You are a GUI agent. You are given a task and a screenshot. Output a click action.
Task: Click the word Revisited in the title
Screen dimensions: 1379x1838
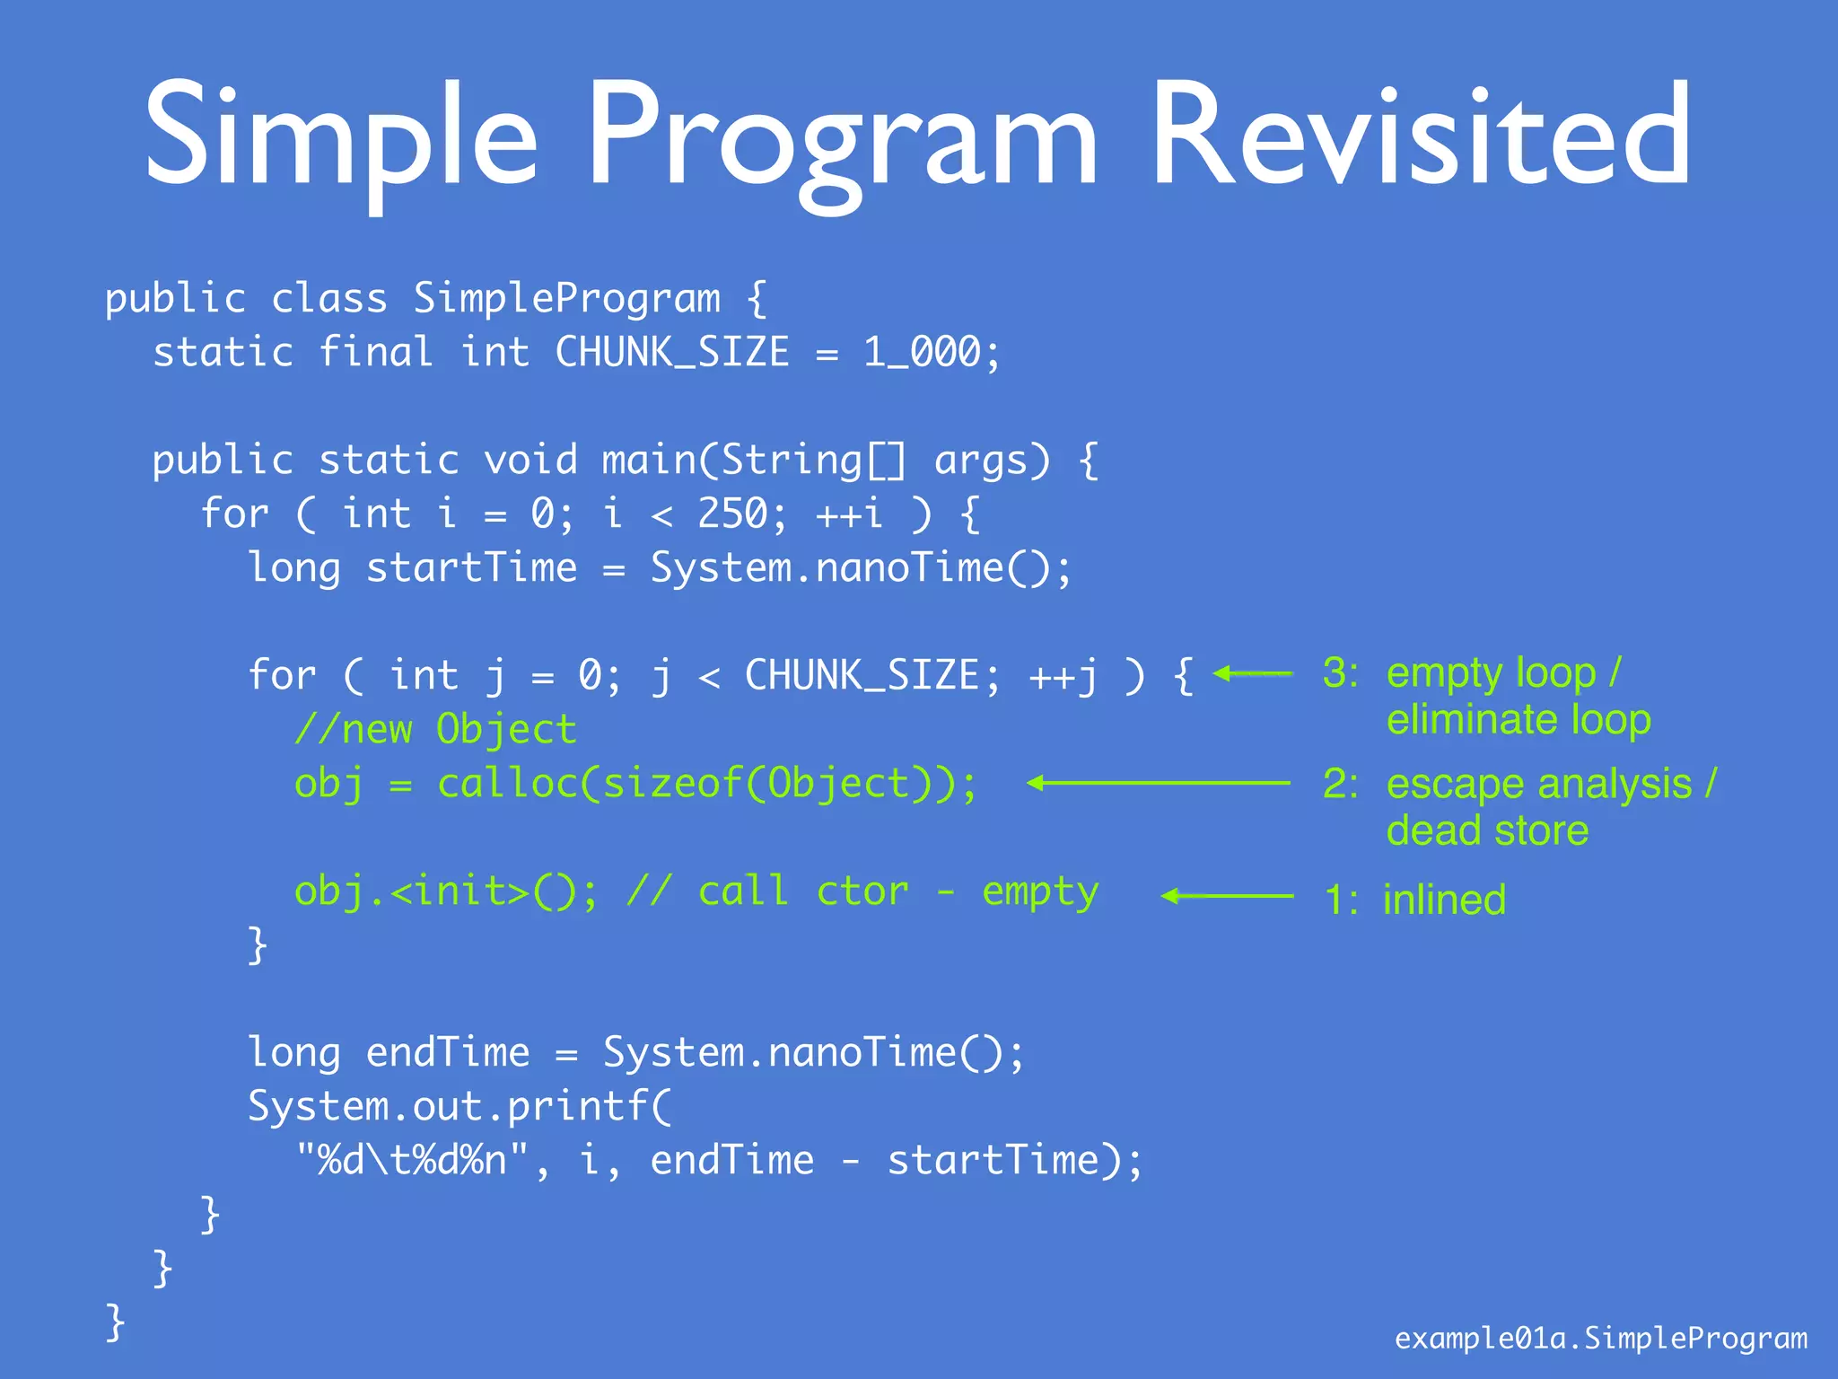1421,135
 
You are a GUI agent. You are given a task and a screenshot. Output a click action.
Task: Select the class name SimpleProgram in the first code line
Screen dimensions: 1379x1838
566,299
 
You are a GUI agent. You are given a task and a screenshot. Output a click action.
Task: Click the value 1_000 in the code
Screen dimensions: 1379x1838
922,352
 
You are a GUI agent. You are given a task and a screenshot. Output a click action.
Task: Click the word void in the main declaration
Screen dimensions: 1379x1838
530,460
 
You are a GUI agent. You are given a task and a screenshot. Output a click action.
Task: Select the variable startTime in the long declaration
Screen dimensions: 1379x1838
471,567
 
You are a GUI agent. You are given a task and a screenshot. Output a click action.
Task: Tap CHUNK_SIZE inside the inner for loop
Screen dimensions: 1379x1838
862,675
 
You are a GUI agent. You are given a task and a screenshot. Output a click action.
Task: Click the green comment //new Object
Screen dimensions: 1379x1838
435,729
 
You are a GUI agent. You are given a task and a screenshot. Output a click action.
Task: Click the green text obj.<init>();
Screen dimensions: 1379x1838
446,892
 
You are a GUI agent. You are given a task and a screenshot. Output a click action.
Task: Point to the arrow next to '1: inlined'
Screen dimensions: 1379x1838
1227,896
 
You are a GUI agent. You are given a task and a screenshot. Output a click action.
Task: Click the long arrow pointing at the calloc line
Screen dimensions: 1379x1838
1159,783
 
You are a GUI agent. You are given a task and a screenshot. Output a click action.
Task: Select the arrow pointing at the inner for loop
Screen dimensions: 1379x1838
1253,673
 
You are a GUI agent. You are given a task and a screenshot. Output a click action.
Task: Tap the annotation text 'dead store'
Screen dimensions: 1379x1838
1487,830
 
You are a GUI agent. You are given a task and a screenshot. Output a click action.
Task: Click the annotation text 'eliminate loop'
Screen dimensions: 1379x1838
1519,720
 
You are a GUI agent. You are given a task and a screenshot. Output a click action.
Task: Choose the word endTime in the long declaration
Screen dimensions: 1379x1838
447,1052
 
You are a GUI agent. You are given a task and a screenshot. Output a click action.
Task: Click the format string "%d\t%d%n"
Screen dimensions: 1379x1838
414,1160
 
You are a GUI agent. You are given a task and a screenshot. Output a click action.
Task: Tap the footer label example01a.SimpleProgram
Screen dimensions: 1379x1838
1600,1339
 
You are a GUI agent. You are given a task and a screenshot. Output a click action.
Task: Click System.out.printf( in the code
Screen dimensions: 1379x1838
459,1106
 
